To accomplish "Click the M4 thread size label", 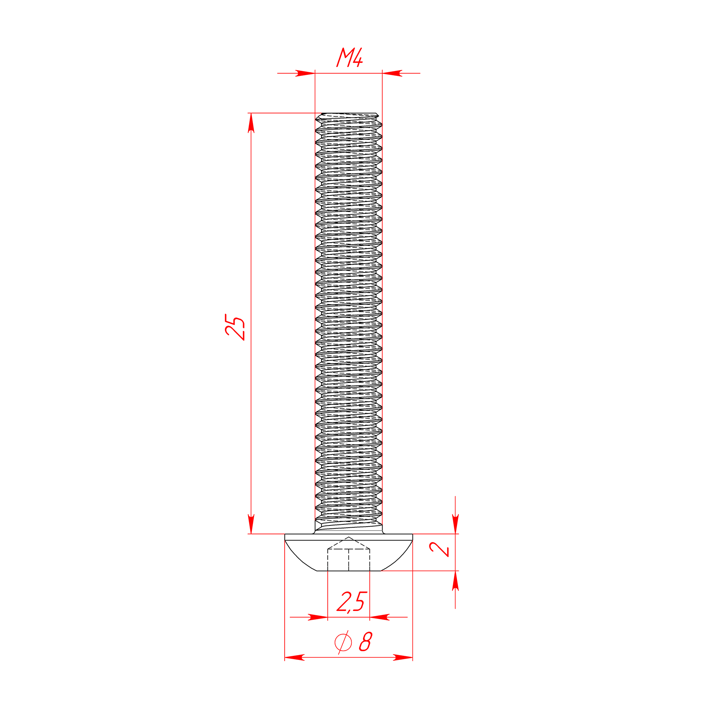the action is (349, 57).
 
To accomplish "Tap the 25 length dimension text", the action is (235, 327).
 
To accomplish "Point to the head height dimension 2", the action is (439, 549).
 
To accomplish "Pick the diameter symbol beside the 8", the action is (343, 642).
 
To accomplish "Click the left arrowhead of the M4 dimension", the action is (305, 73).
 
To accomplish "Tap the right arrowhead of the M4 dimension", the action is (392, 73).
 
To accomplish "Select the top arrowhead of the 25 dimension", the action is (251, 123).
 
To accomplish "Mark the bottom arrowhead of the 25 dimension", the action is (251, 524).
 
